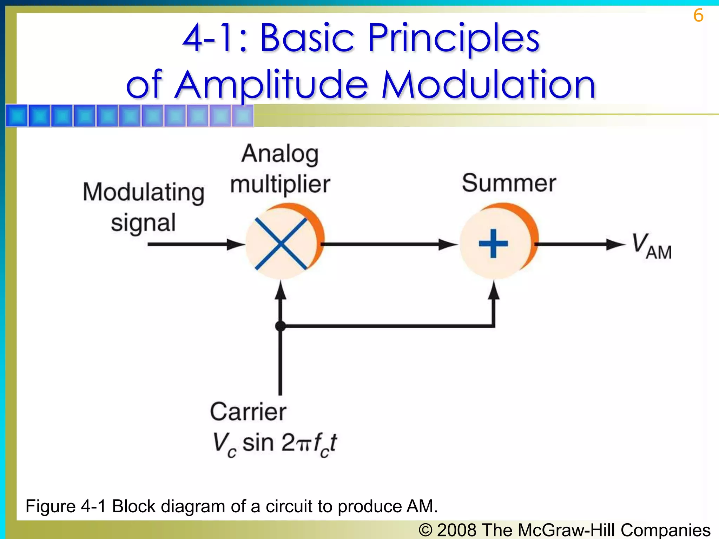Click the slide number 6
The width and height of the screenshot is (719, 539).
pos(698,15)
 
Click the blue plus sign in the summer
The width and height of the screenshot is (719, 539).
pos(493,244)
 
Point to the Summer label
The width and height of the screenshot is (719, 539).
pos(509,183)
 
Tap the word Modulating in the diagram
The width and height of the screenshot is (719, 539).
pos(143,192)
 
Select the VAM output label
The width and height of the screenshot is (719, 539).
pos(651,246)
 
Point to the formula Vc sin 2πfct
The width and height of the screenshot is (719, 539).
pos(275,444)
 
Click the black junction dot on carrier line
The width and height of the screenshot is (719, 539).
pos(280,326)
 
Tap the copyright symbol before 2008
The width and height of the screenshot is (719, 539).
pos(426,530)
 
